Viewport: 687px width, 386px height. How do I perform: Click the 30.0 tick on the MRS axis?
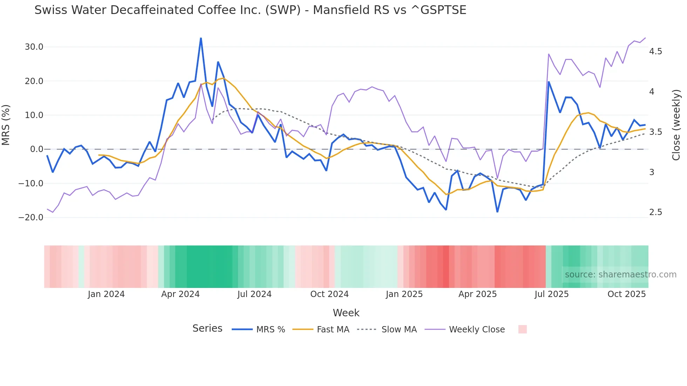[34, 47]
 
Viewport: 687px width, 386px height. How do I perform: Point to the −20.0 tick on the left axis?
[31, 218]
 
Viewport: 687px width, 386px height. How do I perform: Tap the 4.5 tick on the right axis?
[655, 51]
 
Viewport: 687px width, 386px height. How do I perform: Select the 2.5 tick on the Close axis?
[655, 212]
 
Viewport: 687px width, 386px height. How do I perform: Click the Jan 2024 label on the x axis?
[106, 294]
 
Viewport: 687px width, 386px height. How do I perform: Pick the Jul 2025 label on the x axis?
[551, 294]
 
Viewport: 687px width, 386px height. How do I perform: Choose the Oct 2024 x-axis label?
[329, 294]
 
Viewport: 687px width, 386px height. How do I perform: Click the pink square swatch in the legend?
[522, 329]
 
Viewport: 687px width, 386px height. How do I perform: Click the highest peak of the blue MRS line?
[201, 38]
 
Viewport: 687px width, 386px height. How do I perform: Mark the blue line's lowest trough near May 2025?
[497, 212]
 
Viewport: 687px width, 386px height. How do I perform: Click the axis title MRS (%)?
[6, 125]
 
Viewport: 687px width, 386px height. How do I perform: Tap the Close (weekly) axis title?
[676, 125]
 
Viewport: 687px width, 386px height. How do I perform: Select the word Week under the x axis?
[346, 313]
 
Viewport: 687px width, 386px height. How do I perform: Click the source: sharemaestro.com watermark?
[620, 275]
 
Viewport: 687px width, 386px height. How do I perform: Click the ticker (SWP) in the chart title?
[283, 10]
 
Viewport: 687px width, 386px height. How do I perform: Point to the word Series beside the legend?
[207, 329]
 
